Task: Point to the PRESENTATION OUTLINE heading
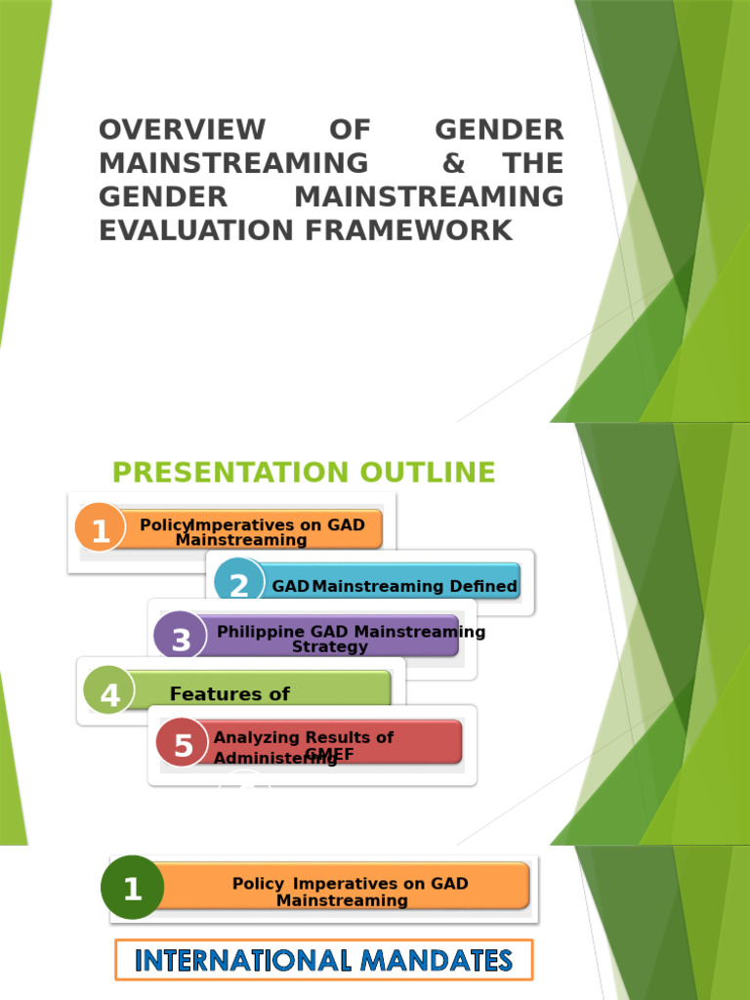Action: (x=304, y=473)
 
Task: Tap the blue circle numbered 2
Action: (x=239, y=584)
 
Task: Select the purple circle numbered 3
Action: (x=181, y=640)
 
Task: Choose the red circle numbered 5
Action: (x=184, y=744)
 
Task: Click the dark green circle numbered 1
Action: (x=132, y=888)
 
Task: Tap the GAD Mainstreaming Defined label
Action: (x=395, y=586)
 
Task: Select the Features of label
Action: (x=229, y=694)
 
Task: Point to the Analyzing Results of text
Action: (x=303, y=737)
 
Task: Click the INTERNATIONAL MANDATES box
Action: (x=323, y=960)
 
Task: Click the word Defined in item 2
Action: (x=482, y=586)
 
